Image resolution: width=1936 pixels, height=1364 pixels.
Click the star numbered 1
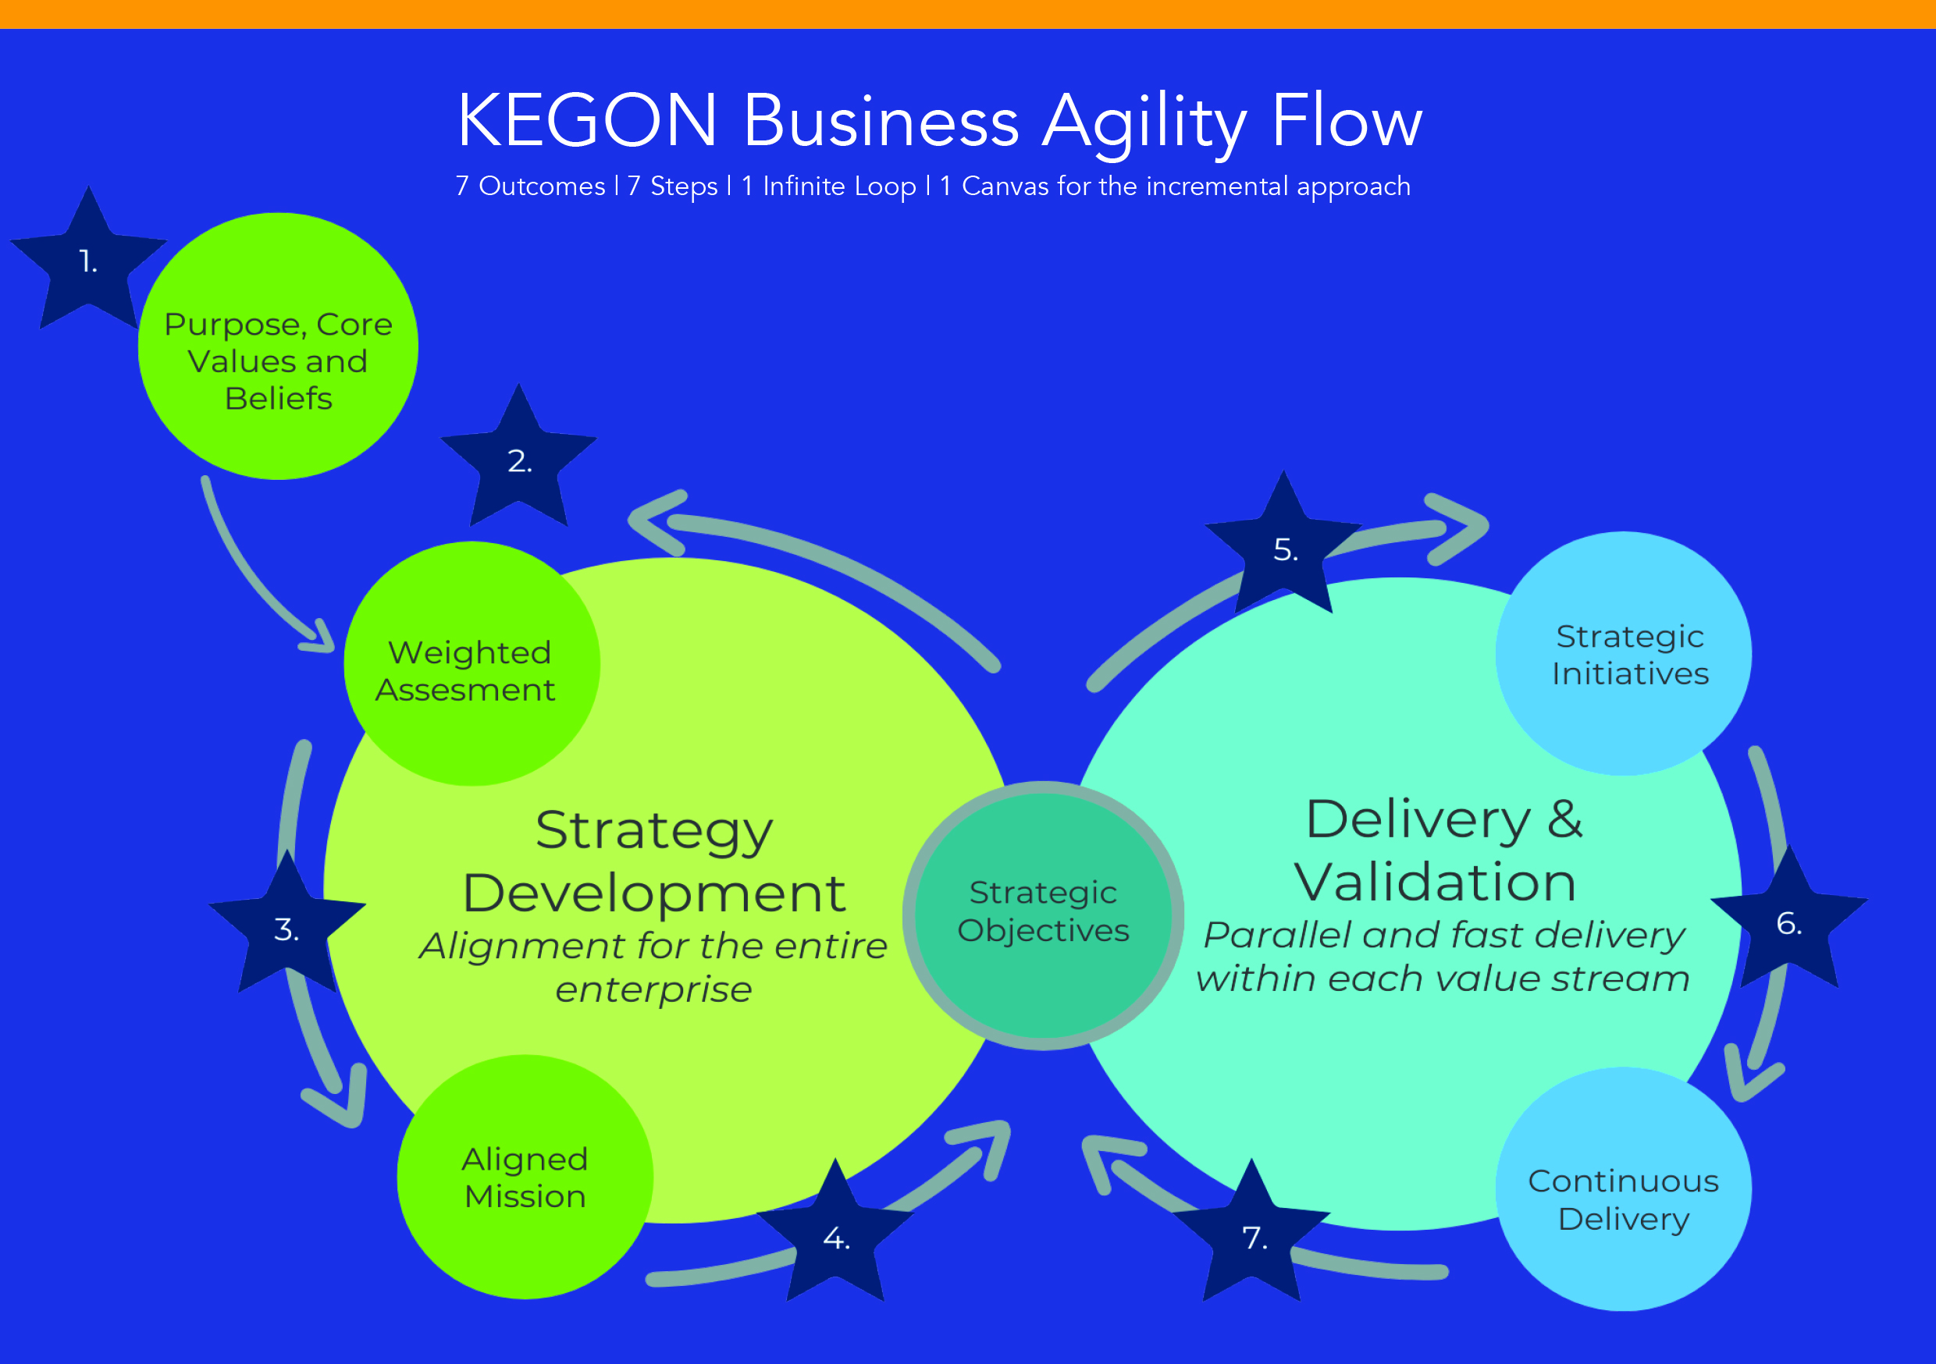tap(88, 261)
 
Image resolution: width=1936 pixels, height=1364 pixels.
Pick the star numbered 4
tap(835, 1234)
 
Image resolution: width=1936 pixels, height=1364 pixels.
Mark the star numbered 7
tap(1251, 1234)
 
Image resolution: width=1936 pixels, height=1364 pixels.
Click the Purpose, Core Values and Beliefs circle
tap(278, 346)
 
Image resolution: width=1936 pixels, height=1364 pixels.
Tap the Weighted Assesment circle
tap(472, 663)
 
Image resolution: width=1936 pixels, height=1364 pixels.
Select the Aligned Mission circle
tap(525, 1177)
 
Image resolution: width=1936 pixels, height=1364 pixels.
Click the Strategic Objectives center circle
tap(1043, 915)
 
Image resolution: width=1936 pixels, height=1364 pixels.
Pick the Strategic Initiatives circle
tap(1624, 653)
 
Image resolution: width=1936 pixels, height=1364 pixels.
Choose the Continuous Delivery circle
tap(1624, 1189)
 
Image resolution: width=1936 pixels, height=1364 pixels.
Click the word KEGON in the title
tap(588, 120)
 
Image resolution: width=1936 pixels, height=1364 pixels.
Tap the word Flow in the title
tap(1347, 119)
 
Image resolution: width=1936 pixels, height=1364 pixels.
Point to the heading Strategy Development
tap(654, 861)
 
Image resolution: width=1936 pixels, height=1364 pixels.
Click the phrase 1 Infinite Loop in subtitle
tap(829, 186)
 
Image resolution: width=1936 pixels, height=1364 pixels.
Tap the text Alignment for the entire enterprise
tap(653, 967)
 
